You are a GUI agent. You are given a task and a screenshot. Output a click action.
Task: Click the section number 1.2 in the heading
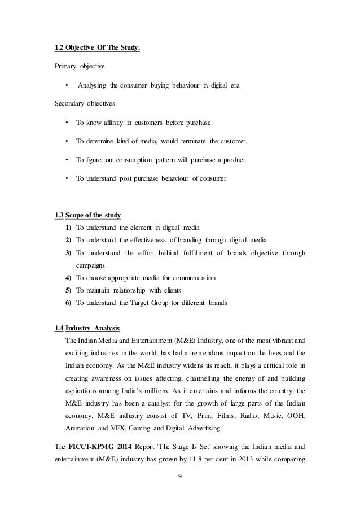coord(59,47)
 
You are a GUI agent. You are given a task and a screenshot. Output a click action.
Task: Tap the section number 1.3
coord(59,215)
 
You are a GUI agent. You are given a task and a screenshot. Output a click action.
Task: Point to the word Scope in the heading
coord(76,215)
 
